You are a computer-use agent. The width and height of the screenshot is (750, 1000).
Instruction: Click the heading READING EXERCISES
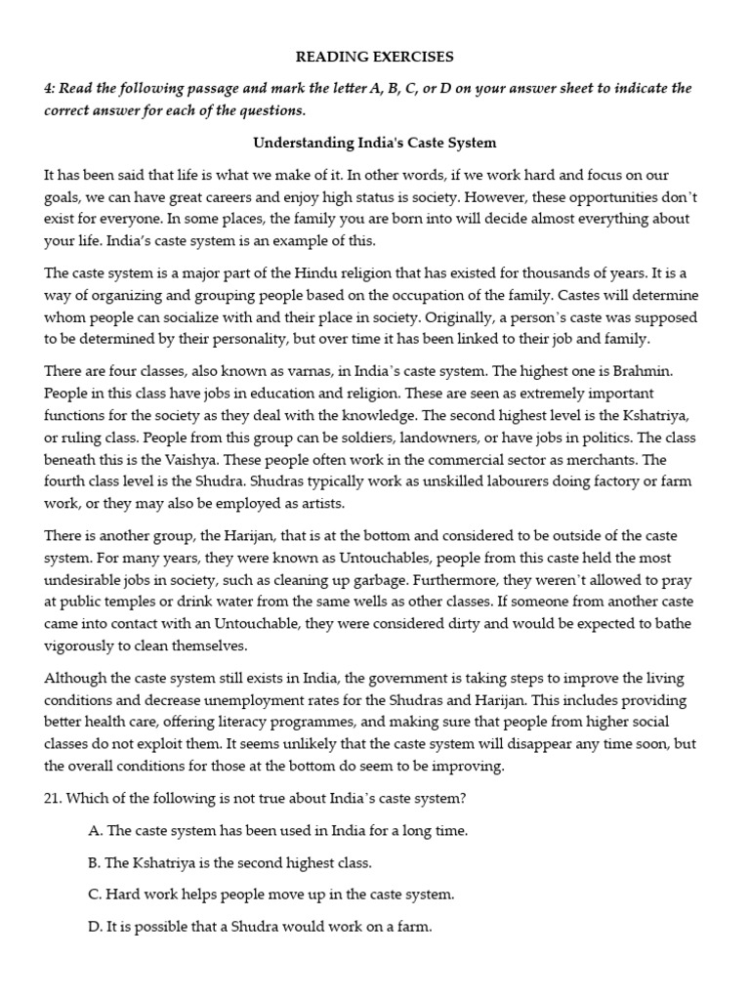click(375, 57)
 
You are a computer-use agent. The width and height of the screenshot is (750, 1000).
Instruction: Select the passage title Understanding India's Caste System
click(375, 143)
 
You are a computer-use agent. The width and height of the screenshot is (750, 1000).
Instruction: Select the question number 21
click(54, 798)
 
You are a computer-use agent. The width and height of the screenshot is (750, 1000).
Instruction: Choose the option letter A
click(95, 830)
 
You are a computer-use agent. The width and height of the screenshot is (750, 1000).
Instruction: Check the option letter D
click(95, 926)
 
